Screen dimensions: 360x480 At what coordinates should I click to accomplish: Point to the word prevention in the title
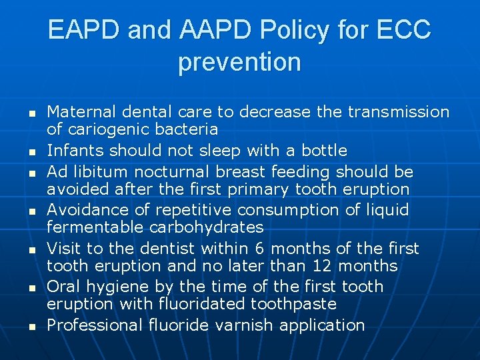point(239,62)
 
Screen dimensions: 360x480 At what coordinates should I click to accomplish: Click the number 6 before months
point(261,249)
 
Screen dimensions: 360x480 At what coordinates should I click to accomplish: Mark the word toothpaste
point(293,304)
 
